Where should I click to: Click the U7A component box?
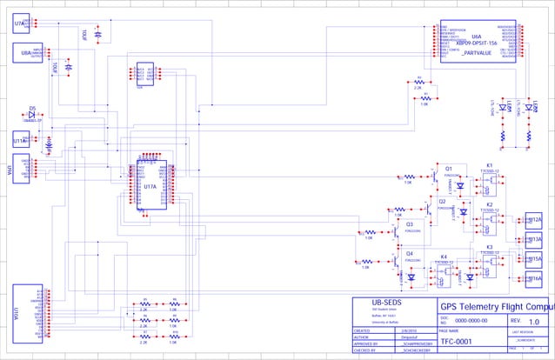click(20, 23)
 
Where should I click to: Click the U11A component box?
click(20, 139)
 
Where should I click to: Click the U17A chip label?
click(150, 186)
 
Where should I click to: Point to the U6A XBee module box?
click(477, 41)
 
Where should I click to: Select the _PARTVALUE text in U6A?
click(478, 53)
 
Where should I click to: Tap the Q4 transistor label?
click(409, 252)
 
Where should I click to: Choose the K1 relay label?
click(489, 164)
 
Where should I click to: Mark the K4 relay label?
click(444, 257)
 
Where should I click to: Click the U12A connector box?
click(533, 221)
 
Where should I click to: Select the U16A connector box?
click(533, 278)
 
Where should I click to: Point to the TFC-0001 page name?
click(458, 342)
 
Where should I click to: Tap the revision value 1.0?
click(533, 322)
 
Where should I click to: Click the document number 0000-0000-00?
click(473, 321)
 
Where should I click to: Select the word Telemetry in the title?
click(491, 305)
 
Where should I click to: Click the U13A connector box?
click(533, 239)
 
